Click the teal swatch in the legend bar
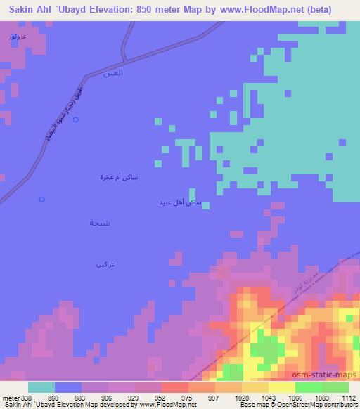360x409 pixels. coord(41,387)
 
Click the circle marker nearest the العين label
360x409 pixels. coord(75,120)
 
